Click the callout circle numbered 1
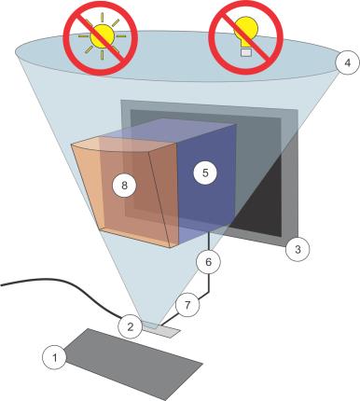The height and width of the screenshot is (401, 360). point(56,354)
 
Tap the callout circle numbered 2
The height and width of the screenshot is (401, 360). point(131,325)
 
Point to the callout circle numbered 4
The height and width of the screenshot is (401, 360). point(344,64)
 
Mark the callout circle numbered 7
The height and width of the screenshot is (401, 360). point(186,304)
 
